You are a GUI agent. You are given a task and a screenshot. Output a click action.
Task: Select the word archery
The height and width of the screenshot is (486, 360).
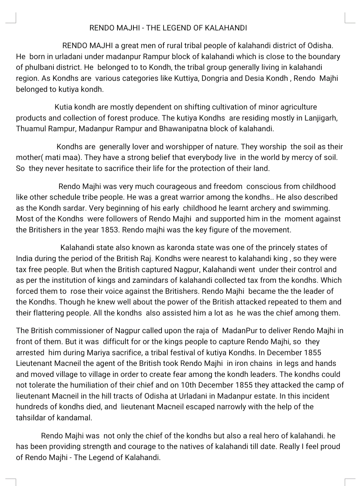point(263,208)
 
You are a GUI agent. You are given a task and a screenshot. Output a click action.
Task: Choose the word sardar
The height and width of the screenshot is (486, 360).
point(74,208)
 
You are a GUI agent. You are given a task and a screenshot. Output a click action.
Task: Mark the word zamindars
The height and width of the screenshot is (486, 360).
point(157,280)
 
